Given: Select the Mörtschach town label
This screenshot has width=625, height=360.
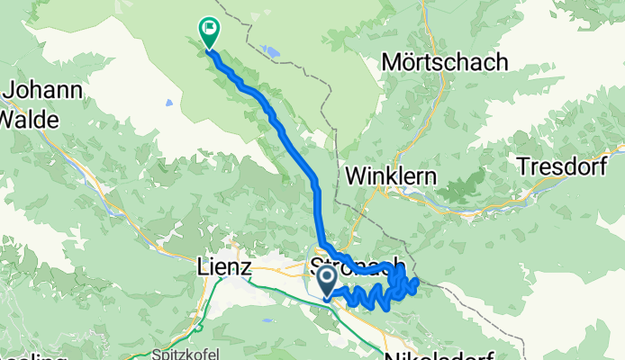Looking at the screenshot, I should pyautogui.click(x=445, y=62).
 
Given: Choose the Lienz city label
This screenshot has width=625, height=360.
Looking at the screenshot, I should pyautogui.click(x=227, y=266).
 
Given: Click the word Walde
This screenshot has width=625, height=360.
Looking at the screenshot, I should pyautogui.click(x=30, y=118).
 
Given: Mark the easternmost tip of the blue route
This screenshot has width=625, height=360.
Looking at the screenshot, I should pyautogui.click(x=419, y=284).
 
